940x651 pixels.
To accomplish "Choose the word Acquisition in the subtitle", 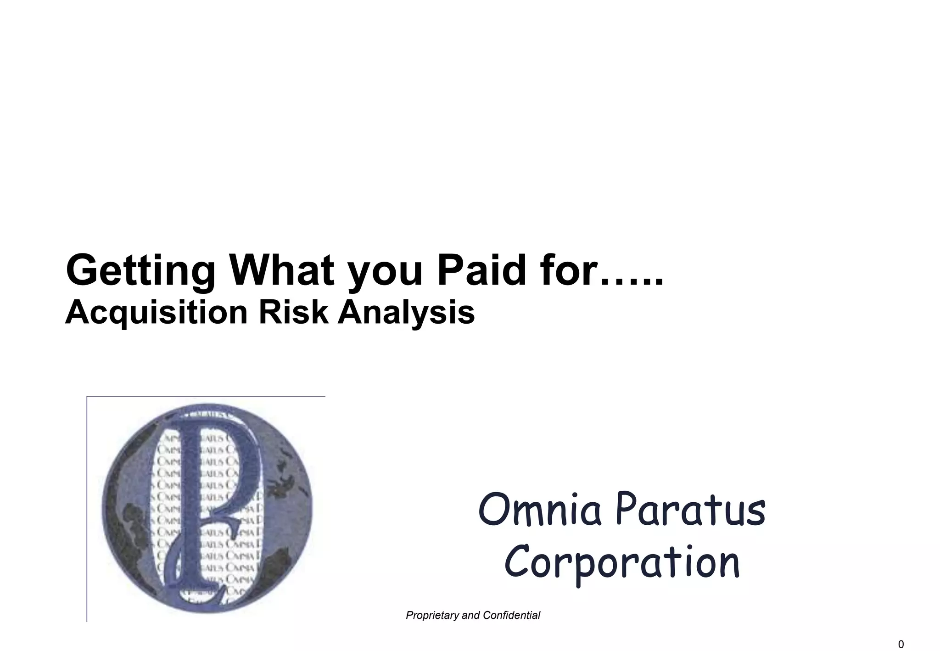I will click(157, 313).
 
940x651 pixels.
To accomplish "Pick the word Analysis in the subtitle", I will click(406, 313).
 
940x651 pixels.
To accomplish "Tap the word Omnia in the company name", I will click(539, 510).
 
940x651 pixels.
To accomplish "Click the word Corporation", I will click(622, 563).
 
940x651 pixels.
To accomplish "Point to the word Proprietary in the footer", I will click(432, 615).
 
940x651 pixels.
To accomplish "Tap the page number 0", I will click(901, 645).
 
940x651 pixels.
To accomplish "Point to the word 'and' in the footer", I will click(470, 615).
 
